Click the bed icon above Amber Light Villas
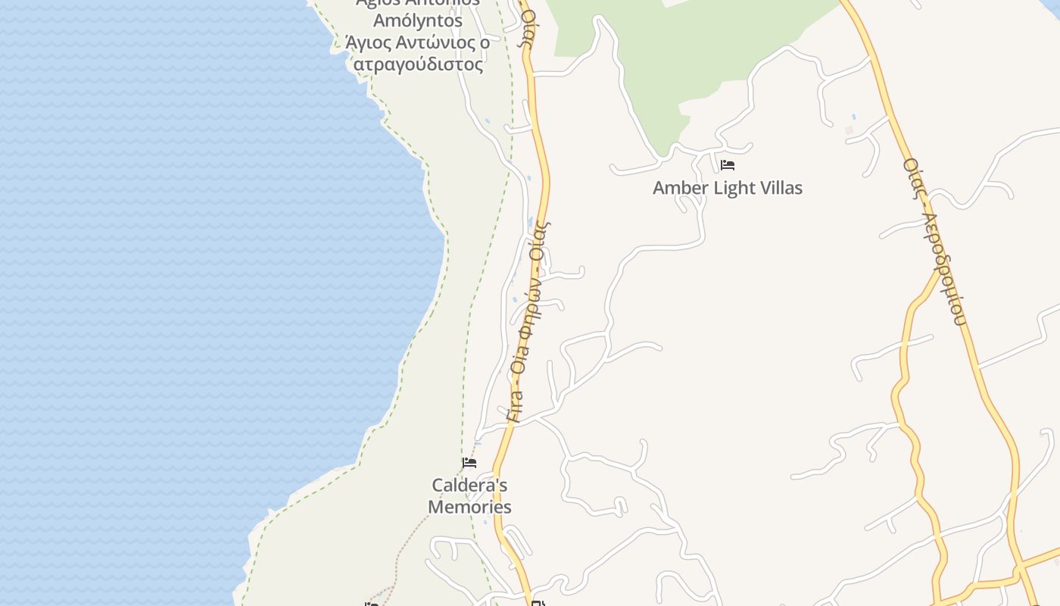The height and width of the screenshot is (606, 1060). (728, 164)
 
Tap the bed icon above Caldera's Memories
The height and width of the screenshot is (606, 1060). (469, 462)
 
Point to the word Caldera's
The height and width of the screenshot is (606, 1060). (469, 485)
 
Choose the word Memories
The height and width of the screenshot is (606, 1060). (469, 507)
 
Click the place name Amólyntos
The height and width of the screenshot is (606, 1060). (418, 20)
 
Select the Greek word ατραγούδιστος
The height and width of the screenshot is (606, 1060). (418, 64)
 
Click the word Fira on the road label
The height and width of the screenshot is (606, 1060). (515, 405)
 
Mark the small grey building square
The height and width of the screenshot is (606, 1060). (849, 130)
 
